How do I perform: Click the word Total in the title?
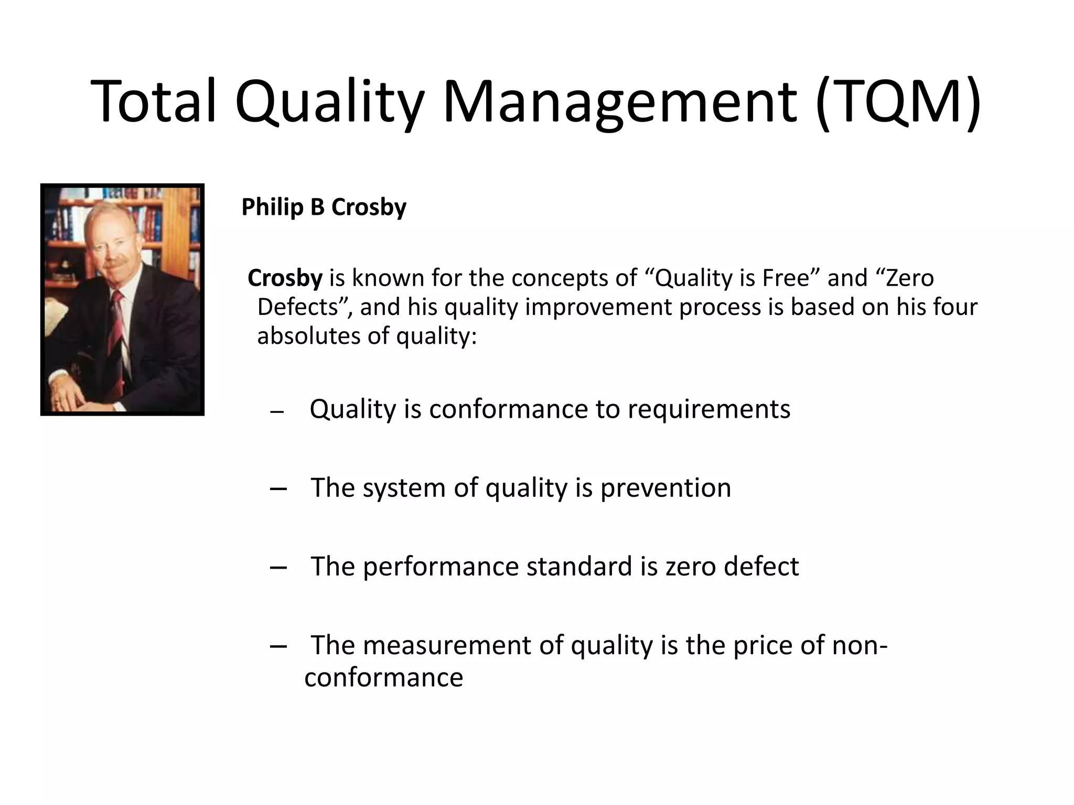pos(154,101)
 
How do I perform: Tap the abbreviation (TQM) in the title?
pos(898,101)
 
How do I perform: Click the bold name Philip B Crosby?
pos(324,207)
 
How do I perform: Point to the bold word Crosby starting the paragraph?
pos(285,278)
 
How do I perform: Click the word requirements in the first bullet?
pos(708,409)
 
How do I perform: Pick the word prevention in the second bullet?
pos(665,488)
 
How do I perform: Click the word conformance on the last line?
pos(383,678)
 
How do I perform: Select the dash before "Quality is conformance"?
pos(277,412)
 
